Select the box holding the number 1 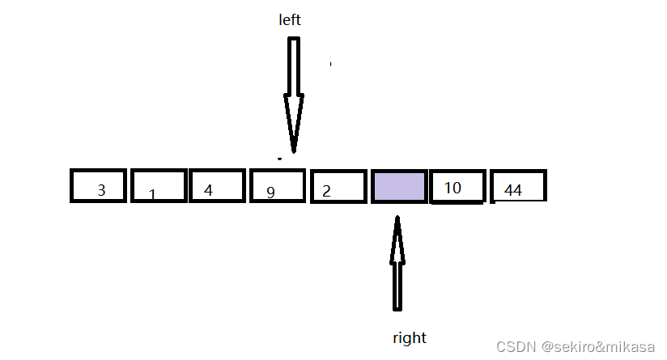[x=158, y=186]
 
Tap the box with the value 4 [x=216, y=186]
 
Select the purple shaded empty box [x=398, y=186]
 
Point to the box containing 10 [x=458, y=186]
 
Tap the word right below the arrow [x=409, y=337]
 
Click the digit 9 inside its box [x=271, y=193]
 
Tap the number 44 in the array [x=513, y=190]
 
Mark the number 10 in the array [x=452, y=188]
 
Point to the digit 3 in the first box [x=101, y=191]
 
